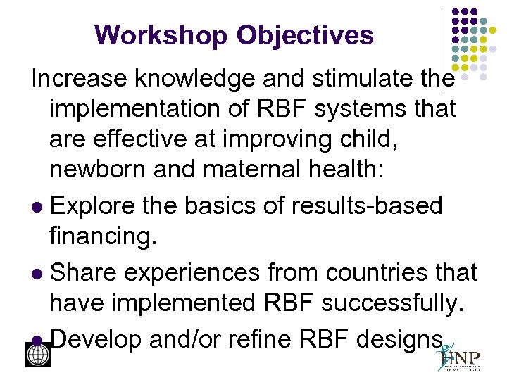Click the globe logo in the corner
coord(38,355)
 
